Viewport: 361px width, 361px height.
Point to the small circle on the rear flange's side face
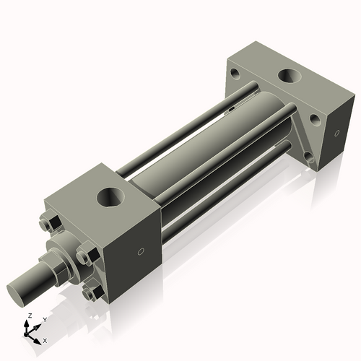(x=336, y=131)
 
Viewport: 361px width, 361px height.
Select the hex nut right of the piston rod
(x=86, y=256)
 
